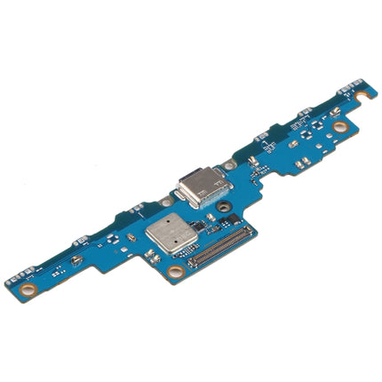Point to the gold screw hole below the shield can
(x=176, y=271)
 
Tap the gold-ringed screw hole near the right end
(x=340, y=126)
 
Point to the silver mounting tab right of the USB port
(x=229, y=165)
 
